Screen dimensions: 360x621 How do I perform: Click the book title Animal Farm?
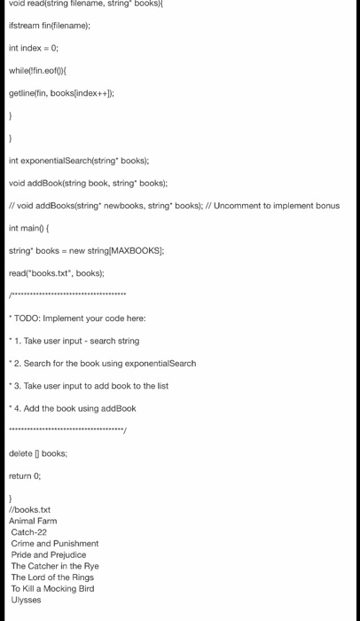coord(33,521)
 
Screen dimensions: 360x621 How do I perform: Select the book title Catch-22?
coord(29,532)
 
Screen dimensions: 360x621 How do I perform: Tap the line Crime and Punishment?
coord(54,543)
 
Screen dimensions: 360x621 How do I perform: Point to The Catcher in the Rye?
coord(54,566)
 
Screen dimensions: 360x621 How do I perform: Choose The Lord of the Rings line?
coord(52,578)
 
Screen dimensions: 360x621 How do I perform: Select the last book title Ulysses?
coord(26,600)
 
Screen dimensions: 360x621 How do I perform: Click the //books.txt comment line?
coord(29,509)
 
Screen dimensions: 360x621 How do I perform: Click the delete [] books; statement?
coord(38,453)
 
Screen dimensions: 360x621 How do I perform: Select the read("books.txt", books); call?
coord(56,273)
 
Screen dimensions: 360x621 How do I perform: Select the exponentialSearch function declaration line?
coord(79,161)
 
